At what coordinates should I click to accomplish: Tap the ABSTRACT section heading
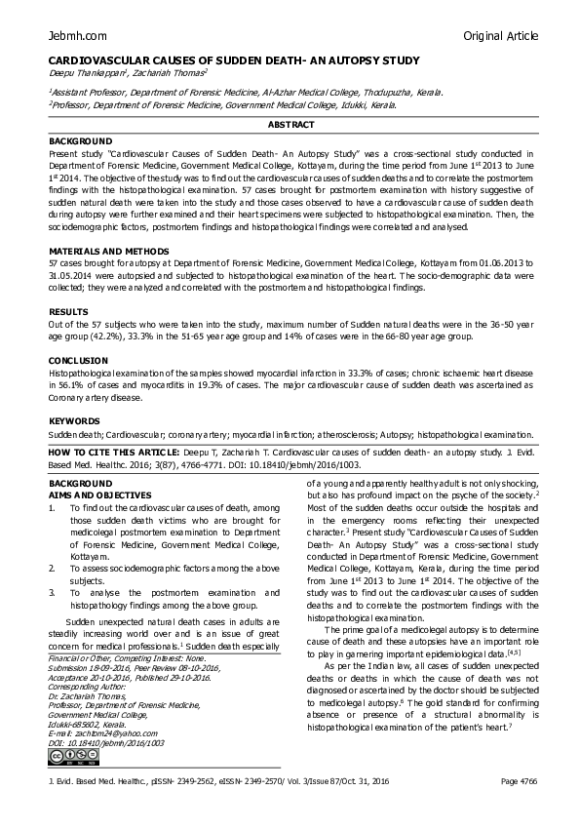(x=290, y=125)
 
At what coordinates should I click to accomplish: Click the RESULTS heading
(x=67, y=313)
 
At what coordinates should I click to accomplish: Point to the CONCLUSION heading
(x=78, y=360)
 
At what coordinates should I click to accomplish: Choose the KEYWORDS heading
(x=74, y=420)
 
